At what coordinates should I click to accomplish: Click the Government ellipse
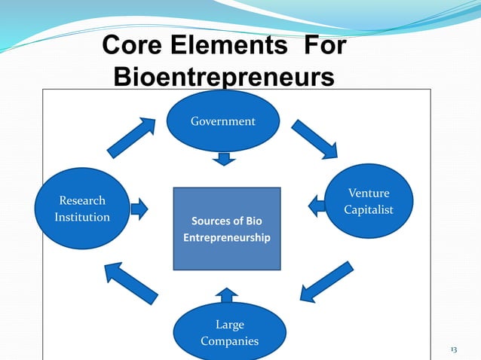[x=222, y=121]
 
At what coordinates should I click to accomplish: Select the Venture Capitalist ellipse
[x=369, y=201]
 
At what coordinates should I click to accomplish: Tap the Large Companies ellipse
[x=229, y=332]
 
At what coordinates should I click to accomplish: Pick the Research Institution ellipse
[x=82, y=209]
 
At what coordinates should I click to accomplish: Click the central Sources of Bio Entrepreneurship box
[x=226, y=228]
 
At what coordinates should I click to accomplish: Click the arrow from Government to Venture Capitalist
[x=314, y=139]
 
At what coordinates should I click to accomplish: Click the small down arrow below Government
[x=223, y=158]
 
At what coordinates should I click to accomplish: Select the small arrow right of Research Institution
[x=139, y=208]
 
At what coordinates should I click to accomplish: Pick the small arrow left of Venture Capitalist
[x=316, y=203]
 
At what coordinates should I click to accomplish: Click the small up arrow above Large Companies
[x=226, y=294]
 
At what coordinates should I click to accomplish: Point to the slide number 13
[x=454, y=350]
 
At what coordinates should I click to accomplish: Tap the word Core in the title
[x=133, y=47]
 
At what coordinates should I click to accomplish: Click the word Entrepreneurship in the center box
[x=226, y=238]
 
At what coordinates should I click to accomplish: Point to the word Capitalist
[x=369, y=209]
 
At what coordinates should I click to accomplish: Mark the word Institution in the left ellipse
[x=82, y=217]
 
